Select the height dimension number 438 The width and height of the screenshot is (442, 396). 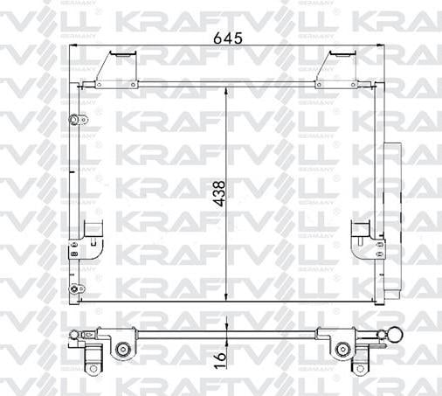[219, 191]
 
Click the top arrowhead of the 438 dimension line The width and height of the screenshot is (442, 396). [226, 89]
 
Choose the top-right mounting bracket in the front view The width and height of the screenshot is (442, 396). [335, 68]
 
